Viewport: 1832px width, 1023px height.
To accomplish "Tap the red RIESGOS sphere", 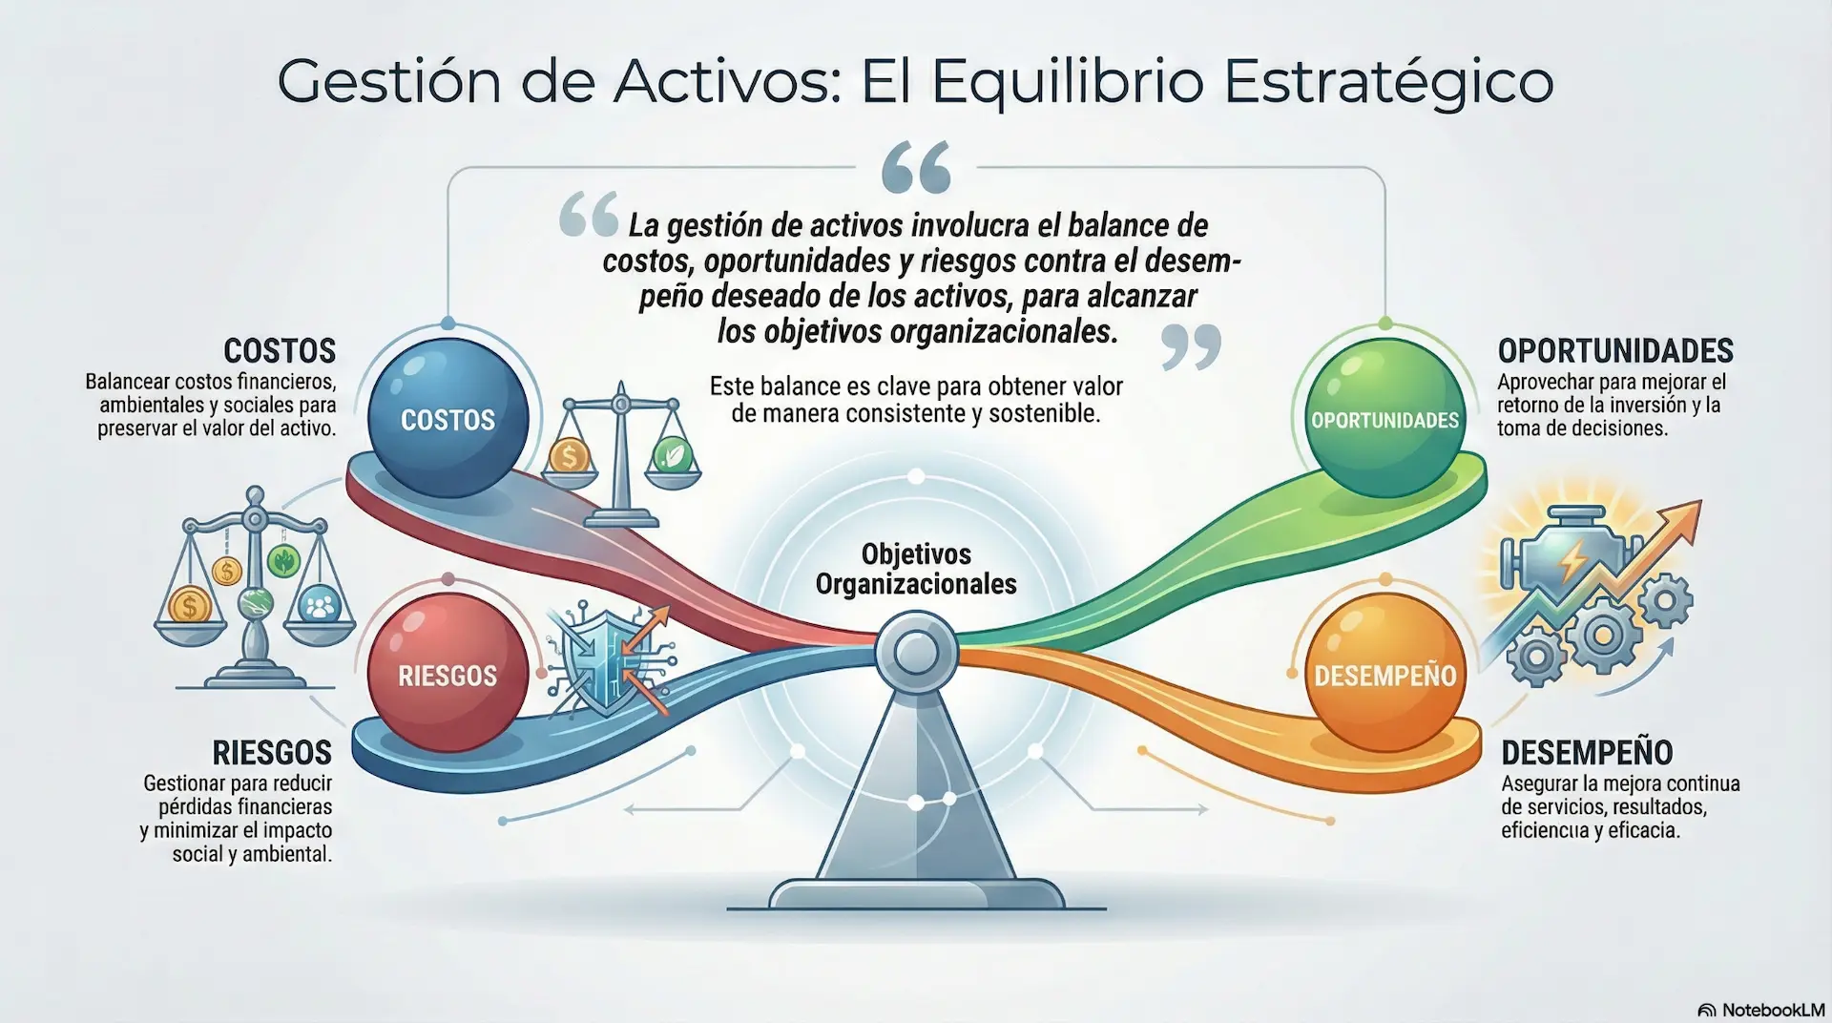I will tap(448, 674).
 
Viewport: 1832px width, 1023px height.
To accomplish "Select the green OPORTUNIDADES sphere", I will tap(1384, 418).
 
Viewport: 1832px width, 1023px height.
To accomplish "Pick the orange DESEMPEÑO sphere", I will tap(1384, 674).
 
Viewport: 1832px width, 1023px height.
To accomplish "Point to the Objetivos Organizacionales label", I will tap(916, 569).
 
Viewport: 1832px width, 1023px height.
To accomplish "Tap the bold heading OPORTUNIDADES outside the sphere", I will tap(1614, 351).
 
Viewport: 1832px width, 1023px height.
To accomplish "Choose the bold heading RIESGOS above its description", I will tap(272, 753).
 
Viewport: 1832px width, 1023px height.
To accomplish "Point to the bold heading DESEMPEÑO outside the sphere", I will tap(1586, 753).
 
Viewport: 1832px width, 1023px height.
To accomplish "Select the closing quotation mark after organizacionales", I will tap(1191, 345).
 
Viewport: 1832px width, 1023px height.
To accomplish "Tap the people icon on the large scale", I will tap(319, 605).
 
